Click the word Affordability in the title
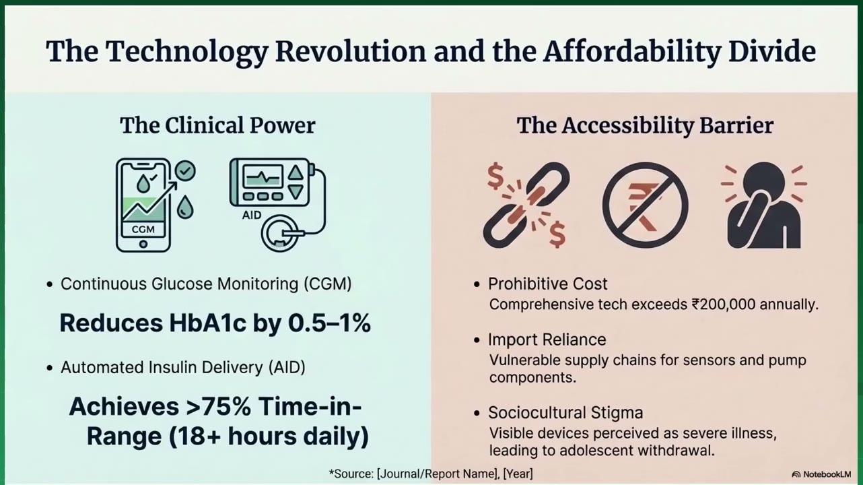tap(632, 52)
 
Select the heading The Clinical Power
tap(217, 126)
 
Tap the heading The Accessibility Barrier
tap(645, 126)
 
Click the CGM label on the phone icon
tap(143, 230)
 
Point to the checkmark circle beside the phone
tap(185, 171)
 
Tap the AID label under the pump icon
tap(252, 215)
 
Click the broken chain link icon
tap(526, 205)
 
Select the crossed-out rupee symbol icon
tap(646, 205)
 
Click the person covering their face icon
tap(764, 205)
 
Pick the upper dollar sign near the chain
tap(495, 175)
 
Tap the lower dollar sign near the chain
tap(557, 234)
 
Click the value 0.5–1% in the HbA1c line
tap(329, 323)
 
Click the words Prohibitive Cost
tap(547, 284)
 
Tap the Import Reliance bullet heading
tap(547, 339)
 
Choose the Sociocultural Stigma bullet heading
tap(565, 413)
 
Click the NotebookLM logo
tap(821, 474)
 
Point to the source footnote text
tap(431, 474)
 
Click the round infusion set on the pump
tap(280, 233)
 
